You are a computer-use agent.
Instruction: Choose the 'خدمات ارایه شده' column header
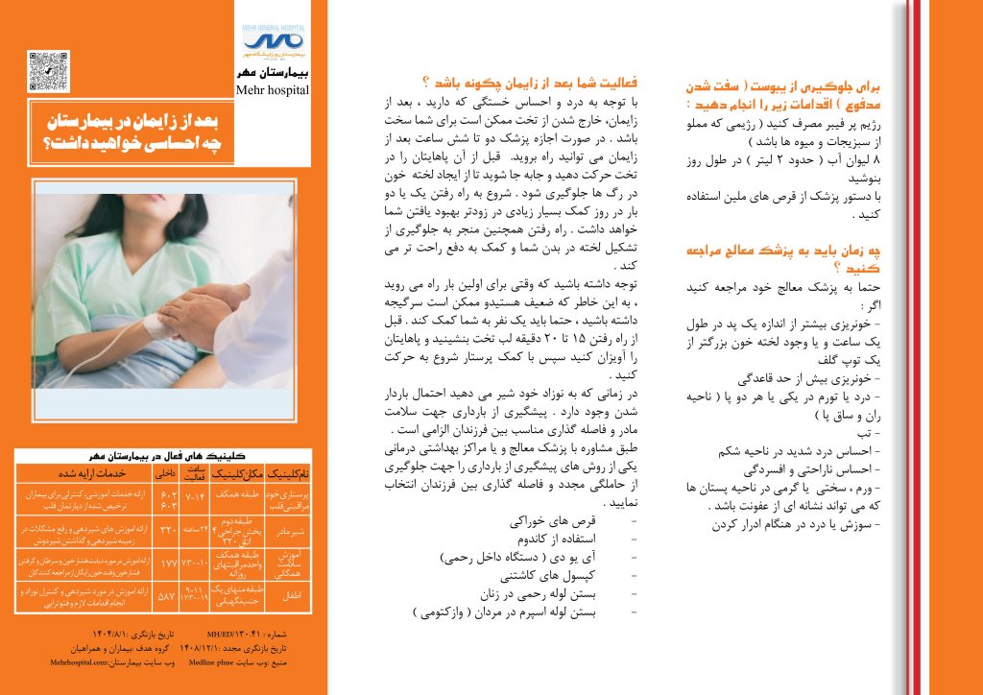(x=81, y=473)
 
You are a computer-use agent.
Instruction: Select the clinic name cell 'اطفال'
(x=287, y=594)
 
